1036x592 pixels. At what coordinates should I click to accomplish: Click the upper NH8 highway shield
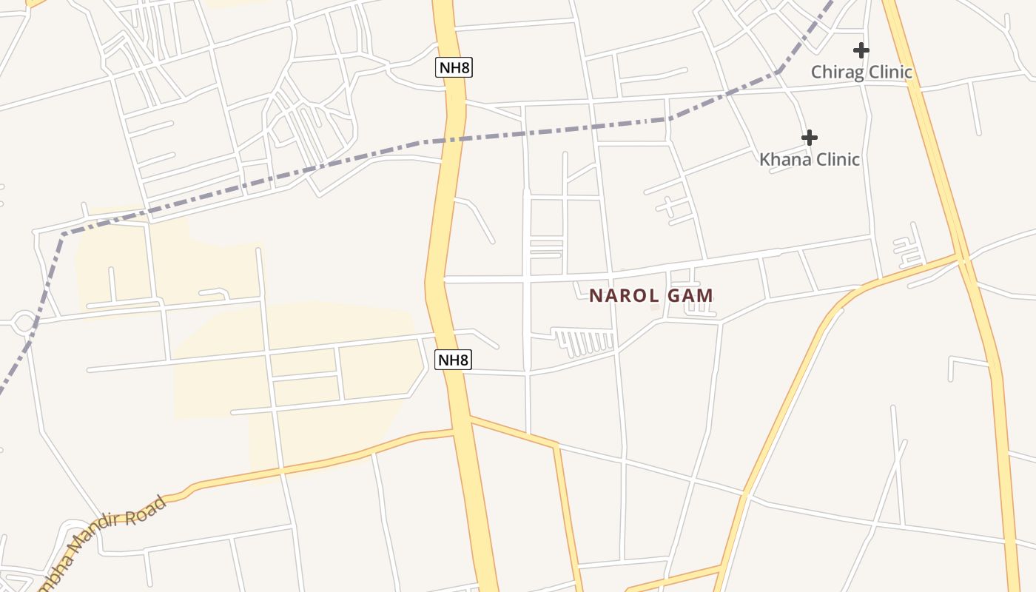(x=453, y=68)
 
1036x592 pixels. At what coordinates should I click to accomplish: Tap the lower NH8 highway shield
(x=453, y=360)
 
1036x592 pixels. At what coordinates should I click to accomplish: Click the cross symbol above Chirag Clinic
(x=861, y=50)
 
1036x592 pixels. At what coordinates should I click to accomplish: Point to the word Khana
(x=781, y=160)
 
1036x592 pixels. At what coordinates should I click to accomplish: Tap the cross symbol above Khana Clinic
(x=810, y=138)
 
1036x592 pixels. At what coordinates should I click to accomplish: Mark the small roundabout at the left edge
(x=24, y=323)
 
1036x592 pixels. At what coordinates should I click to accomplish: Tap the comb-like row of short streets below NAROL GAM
(x=586, y=342)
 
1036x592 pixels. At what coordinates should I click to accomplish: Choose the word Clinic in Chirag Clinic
(x=888, y=73)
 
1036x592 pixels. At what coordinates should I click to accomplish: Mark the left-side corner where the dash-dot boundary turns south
(x=62, y=236)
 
